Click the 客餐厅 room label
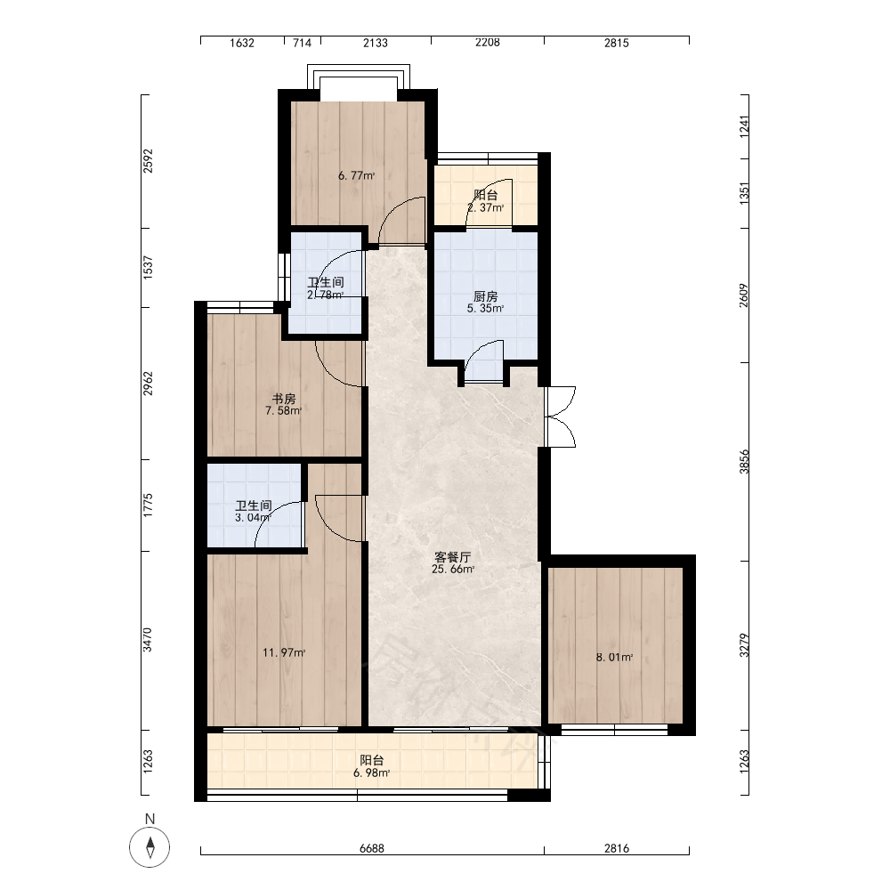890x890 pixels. tap(452, 557)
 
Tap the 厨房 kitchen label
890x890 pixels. tap(486, 296)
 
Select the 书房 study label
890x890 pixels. tap(284, 399)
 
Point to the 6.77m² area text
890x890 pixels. tap(357, 176)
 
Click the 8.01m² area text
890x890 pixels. tap(614, 658)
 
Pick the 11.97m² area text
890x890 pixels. tap(284, 652)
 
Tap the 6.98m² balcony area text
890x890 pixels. tap(371, 773)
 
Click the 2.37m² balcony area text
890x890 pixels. tap(486, 207)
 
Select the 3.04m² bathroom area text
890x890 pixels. tap(253, 518)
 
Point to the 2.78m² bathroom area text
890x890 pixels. tap(326, 295)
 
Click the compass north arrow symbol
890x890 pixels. tap(150, 847)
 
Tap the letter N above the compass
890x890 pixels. tap(150, 819)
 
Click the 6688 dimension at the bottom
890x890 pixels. tap(372, 848)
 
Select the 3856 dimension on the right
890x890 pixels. tap(744, 461)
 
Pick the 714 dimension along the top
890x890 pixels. tap(302, 43)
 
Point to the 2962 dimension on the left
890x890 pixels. tap(148, 384)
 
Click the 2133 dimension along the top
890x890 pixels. tap(376, 43)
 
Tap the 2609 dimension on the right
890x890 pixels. tap(744, 295)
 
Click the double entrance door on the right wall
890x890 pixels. tap(560, 417)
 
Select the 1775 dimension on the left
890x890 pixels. tap(148, 506)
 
